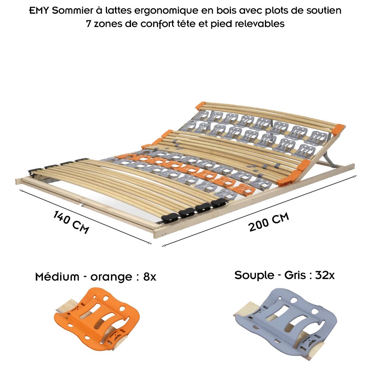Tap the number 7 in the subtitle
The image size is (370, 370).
coord(88,24)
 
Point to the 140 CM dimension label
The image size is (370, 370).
coord(71,222)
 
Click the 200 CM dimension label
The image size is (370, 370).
coord(269,222)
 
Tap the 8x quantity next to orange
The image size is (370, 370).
coord(149,276)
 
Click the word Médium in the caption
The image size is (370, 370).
coord(57,276)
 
